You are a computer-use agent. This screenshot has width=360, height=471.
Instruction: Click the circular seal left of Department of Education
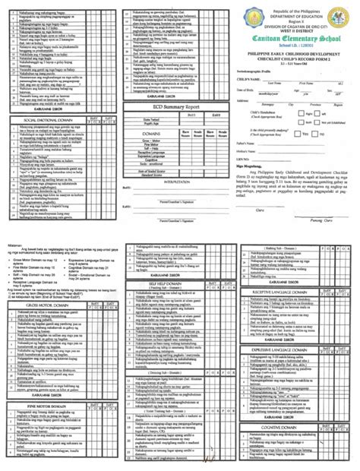(x=254, y=17)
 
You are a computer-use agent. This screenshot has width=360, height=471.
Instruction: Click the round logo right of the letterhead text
(x=346, y=17)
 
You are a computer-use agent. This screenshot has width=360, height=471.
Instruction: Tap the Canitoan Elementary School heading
(x=299, y=38)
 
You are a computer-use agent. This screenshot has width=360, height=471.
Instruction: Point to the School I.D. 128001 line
(x=299, y=47)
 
